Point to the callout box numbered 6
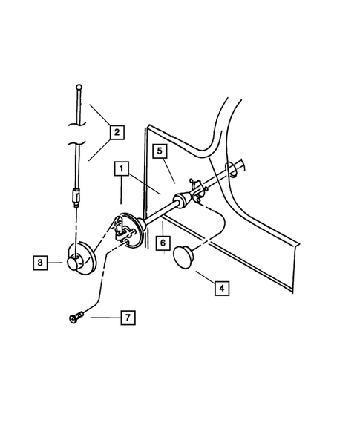coord(161,243)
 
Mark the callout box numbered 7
coord(128,318)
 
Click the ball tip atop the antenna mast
coord(78,88)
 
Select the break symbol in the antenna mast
coord(77,137)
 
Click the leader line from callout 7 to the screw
coord(100,318)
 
